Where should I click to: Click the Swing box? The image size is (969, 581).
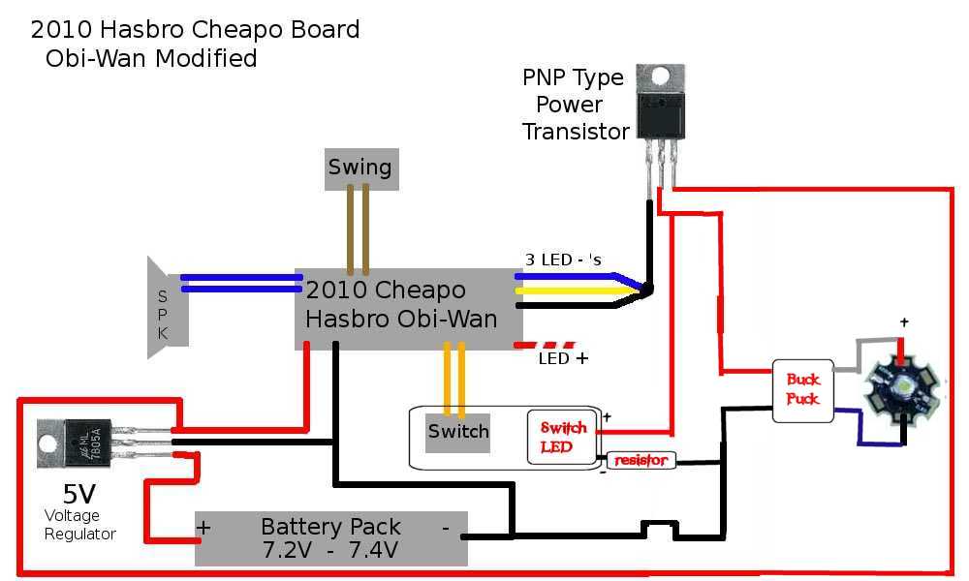359,168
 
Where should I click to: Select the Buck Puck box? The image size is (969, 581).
802,390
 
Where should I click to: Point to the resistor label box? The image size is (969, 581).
641,461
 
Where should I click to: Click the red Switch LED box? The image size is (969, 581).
563,437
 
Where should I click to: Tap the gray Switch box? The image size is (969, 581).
457,432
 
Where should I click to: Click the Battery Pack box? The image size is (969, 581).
330,538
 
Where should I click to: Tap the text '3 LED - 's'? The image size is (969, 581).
563,260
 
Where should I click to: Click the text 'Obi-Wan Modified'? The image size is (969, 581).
151,59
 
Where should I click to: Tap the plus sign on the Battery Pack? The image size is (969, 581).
204,529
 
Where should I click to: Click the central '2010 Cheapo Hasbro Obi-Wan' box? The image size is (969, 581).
408,308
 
